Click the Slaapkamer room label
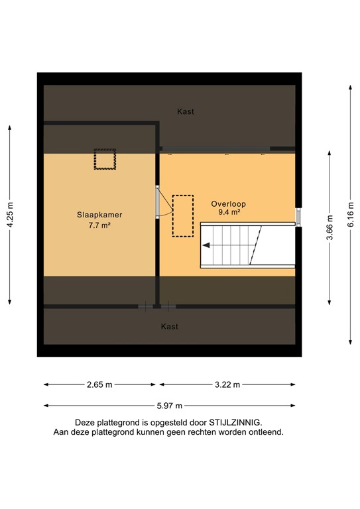coord(99,215)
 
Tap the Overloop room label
coord(225,203)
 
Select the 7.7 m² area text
coord(99,225)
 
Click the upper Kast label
coord(186,112)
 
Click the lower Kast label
coord(170,327)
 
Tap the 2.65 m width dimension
coord(99,384)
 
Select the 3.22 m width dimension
coord(227,384)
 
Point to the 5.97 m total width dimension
coord(168,406)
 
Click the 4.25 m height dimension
coord(10,214)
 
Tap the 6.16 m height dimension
coord(351,215)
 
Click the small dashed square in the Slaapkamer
coord(105,160)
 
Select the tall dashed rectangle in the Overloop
coord(182,215)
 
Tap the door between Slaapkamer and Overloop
coord(158,202)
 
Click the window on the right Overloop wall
coord(298,217)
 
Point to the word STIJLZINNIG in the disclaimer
coord(235,422)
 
